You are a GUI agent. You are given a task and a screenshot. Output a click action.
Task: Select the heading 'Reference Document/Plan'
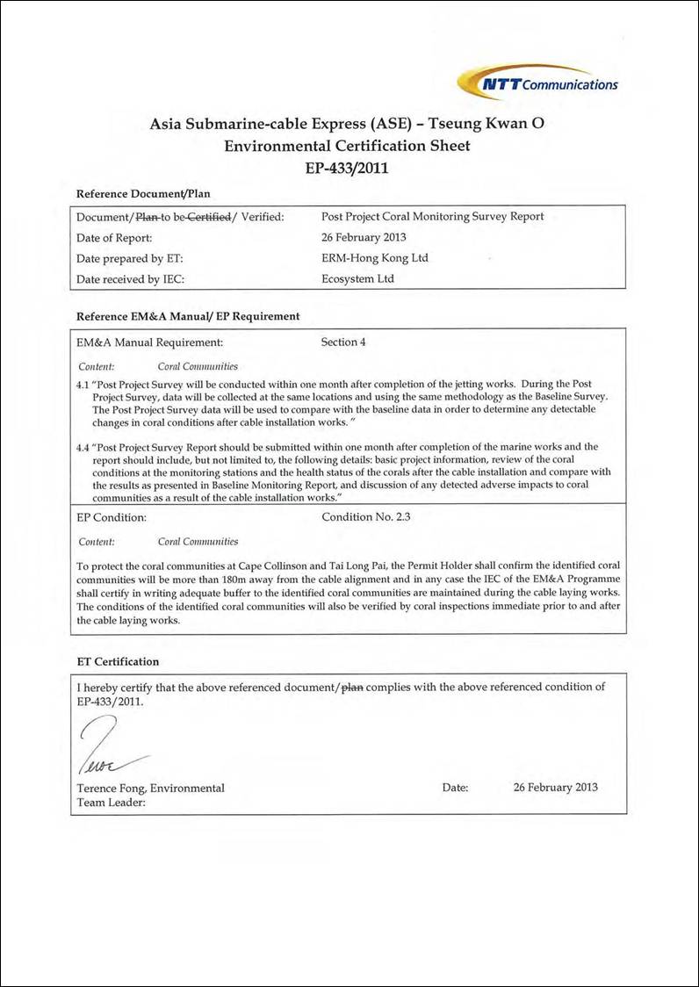pyautogui.click(x=143, y=193)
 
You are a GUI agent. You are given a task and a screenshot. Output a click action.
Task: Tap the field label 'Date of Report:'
pyautogui.click(x=115, y=237)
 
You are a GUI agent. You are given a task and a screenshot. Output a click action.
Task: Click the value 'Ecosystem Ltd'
pyautogui.click(x=358, y=279)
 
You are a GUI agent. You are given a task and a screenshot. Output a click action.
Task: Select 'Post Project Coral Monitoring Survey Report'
pyautogui.click(x=433, y=216)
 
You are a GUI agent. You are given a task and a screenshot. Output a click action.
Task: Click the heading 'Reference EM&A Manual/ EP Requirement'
pyautogui.click(x=188, y=315)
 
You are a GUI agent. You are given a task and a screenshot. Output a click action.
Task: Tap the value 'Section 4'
pyautogui.click(x=344, y=342)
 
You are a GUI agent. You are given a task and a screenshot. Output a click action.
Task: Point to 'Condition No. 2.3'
pyautogui.click(x=366, y=516)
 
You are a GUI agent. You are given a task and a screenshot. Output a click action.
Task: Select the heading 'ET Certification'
pyautogui.click(x=118, y=660)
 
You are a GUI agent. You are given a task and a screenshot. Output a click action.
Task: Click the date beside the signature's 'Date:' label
pyautogui.click(x=555, y=787)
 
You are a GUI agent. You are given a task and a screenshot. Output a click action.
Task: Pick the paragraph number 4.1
pyautogui.click(x=84, y=384)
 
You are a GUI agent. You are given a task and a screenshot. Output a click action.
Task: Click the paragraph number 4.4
pyautogui.click(x=84, y=447)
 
